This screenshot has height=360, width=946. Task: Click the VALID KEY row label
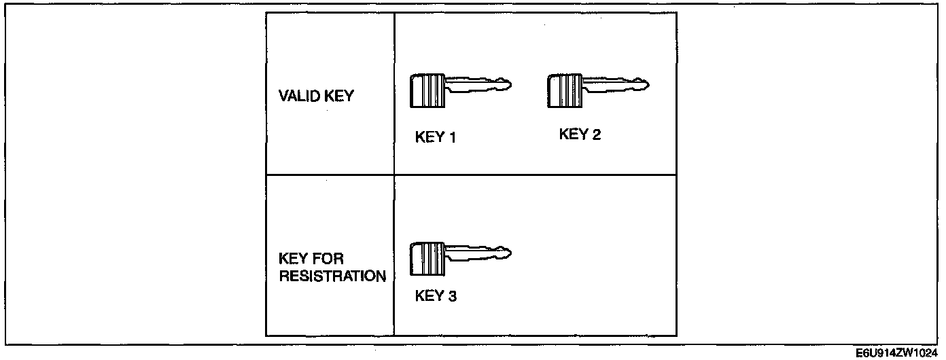[316, 96]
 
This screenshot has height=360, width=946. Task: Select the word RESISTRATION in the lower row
[332, 276]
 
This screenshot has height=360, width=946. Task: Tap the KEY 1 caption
[435, 137]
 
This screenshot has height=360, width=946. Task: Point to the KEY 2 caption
[580, 134]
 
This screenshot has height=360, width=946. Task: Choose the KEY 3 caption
[436, 296]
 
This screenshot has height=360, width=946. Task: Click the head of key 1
[427, 90]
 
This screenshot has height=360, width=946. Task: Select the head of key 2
[565, 90]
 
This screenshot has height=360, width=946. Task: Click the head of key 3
[427, 259]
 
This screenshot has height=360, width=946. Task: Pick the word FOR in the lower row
[330, 259]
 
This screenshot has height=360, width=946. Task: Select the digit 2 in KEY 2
[596, 134]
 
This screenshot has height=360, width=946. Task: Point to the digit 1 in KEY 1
[451, 137]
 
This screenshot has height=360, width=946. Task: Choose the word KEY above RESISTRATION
[293, 259]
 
